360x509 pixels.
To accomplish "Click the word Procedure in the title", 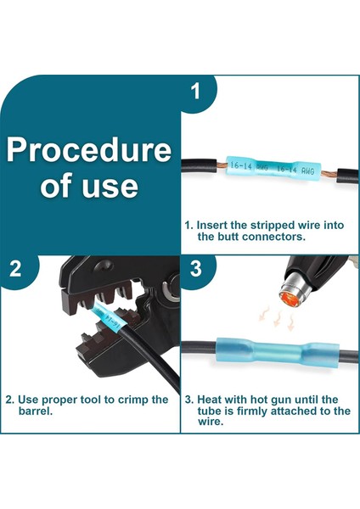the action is coord(88,149).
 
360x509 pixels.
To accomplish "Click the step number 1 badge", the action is coord(195,92).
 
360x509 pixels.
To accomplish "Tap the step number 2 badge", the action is coord(15,268).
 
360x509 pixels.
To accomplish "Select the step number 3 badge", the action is coord(195,268).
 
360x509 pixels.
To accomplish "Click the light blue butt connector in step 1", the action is coord(273,169).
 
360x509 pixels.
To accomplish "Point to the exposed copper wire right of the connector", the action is coord(329,174).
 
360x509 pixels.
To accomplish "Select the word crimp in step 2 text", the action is coord(133,400).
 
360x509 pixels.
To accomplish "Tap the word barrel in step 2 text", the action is coord(36,411).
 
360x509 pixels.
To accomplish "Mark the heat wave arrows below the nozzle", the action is coord(277,319).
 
